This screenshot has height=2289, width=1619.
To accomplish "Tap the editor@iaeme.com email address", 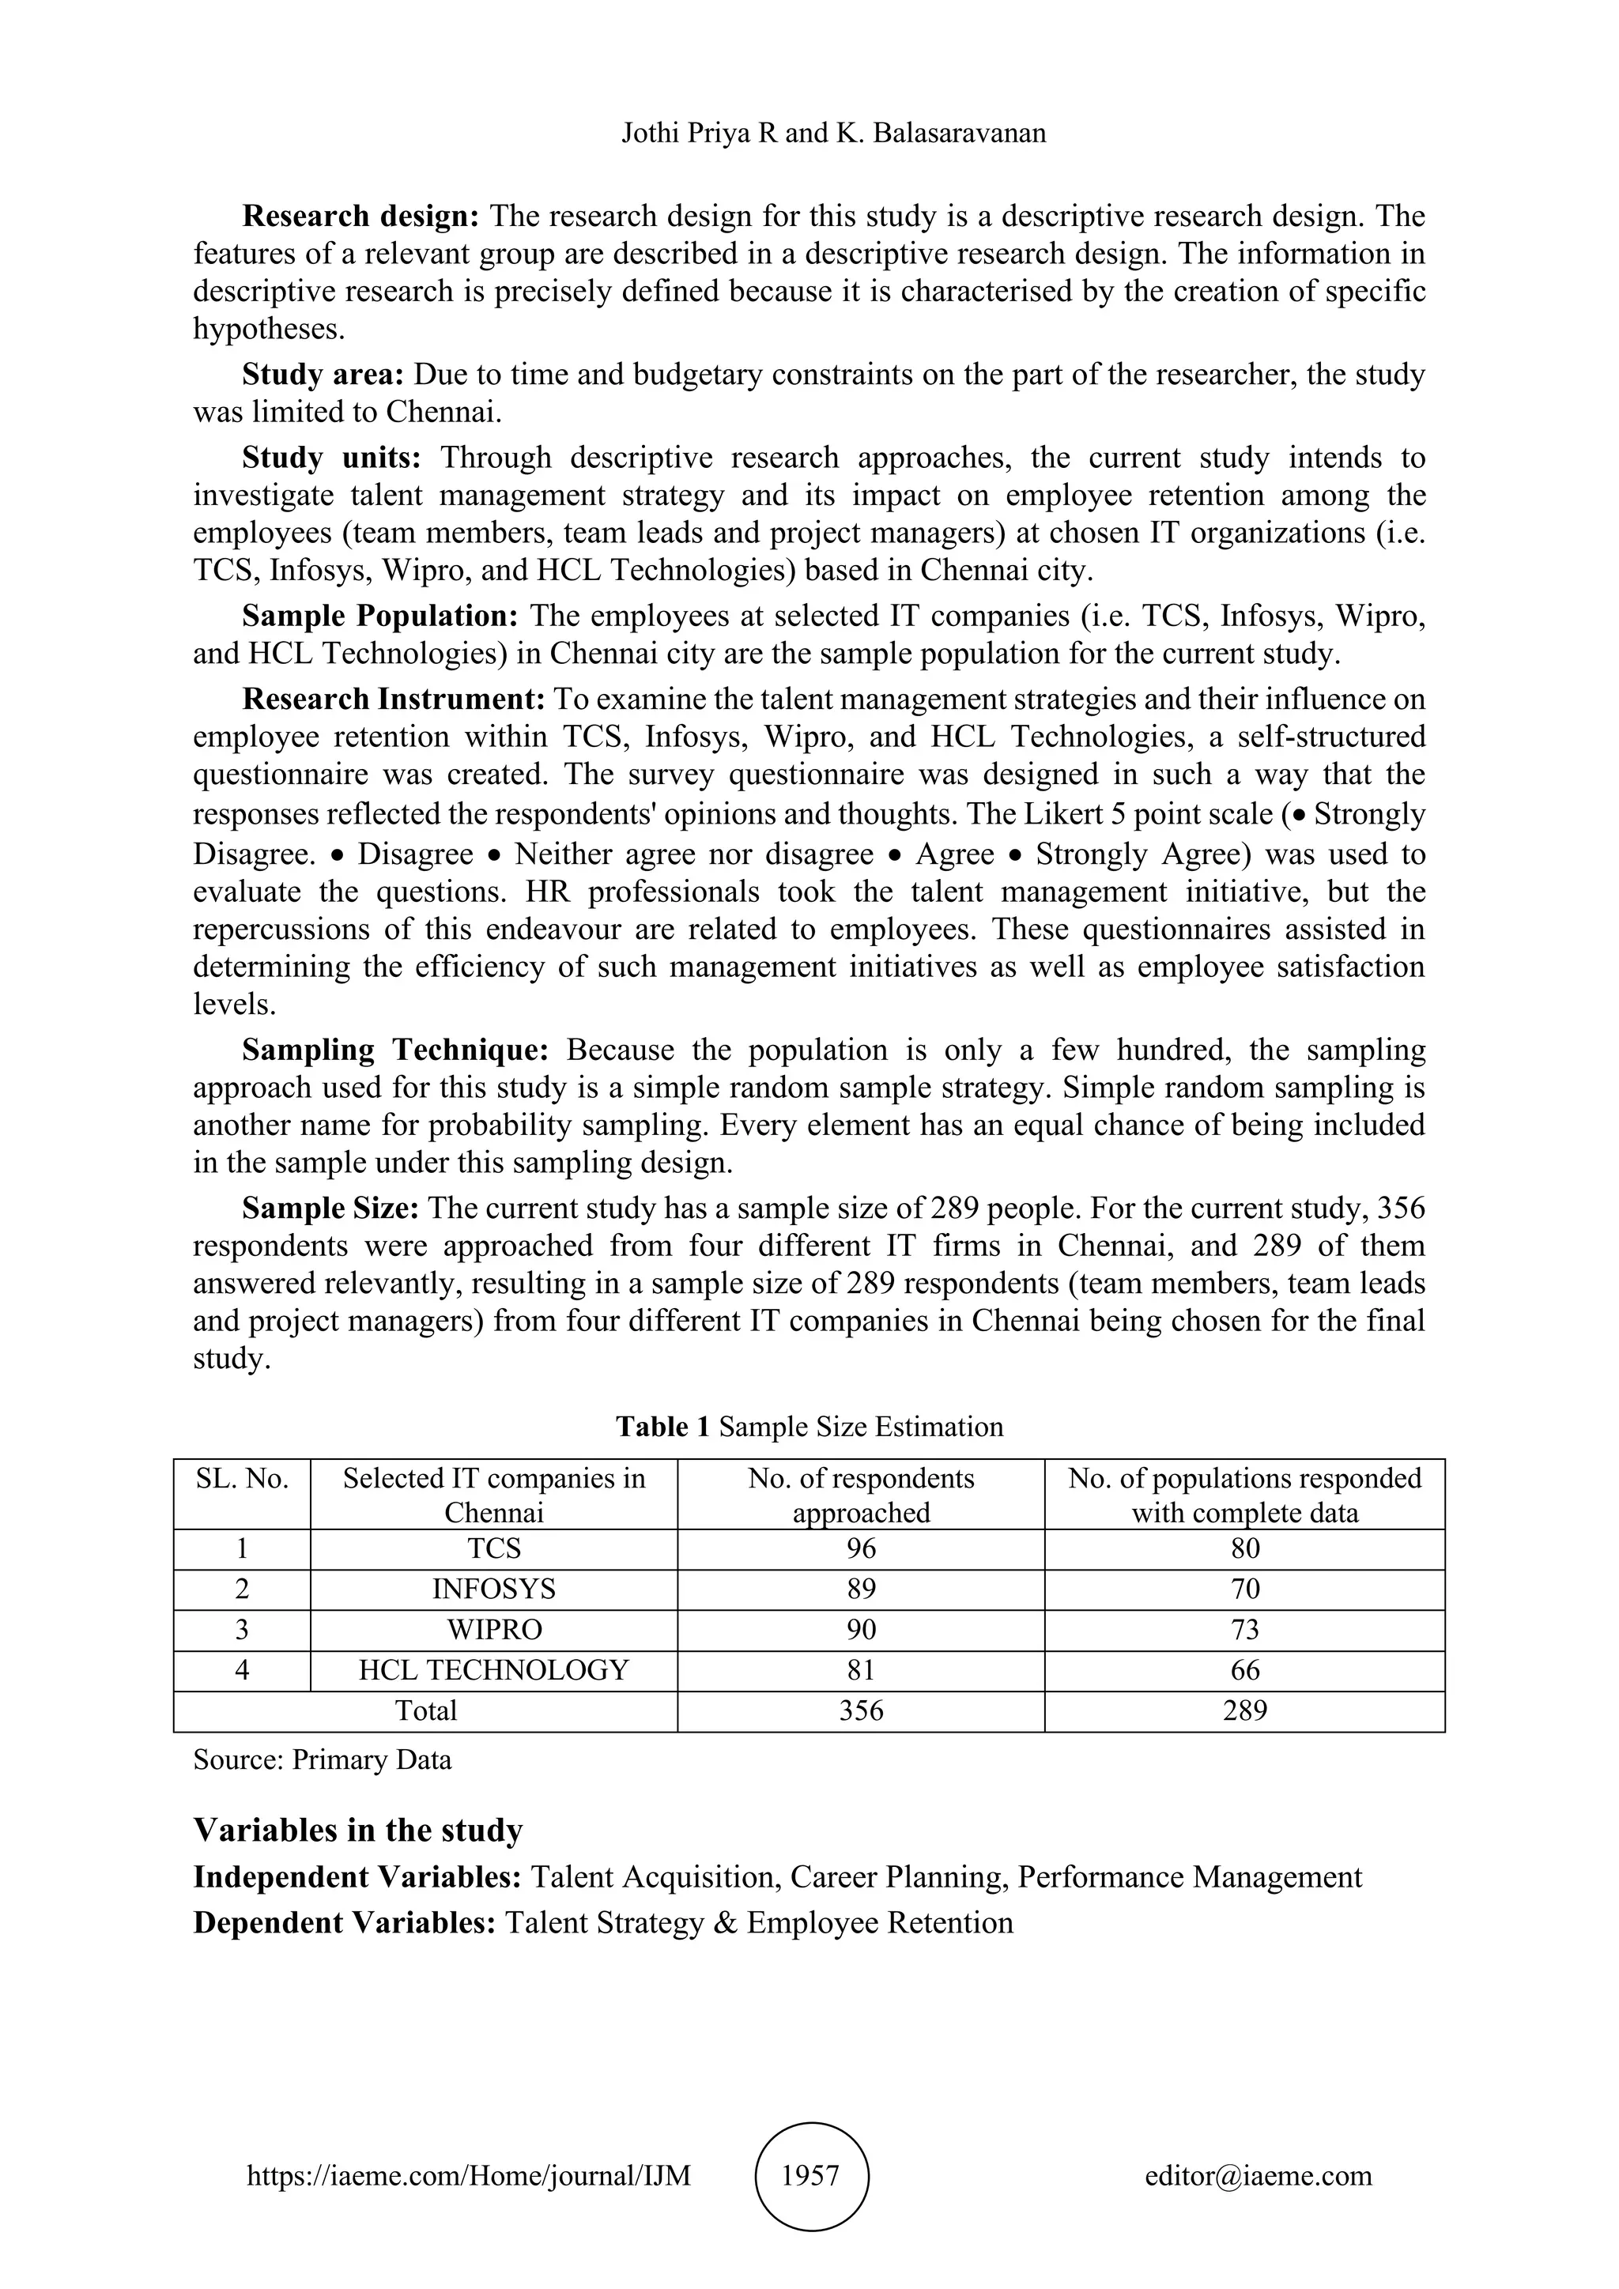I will pyautogui.click(x=1258, y=2175).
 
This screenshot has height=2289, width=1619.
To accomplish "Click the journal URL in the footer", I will pyautogui.click(x=469, y=2175).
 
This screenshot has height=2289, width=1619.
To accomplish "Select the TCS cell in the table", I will pyautogui.click(x=493, y=1548).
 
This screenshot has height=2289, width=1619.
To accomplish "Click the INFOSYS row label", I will pyautogui.click(x=493, y=1589).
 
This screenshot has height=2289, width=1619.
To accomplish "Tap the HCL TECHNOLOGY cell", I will pyautogui.click(x=493, y=1670).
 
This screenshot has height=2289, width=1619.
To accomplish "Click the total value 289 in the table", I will pyautogui.click(x=1244, y=1710).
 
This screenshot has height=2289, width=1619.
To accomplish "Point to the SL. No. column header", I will pyautogui.click(x=242, y=1479).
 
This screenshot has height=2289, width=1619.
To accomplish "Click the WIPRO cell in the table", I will pyautogui.click(x=493, y=1630).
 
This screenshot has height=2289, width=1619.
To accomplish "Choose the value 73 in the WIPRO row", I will pyautogui.click(x=1244, y=1630).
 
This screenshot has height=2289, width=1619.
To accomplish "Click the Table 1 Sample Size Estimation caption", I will pyautogui.click(x=809, y=1427).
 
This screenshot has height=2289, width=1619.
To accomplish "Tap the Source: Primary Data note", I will pyautogui.click(x=322, y=1759).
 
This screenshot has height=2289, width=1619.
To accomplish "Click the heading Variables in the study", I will pyautogui.click(x=358, y=1831).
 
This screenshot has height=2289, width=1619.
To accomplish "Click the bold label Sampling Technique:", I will pyautogui.click(x=396, y=1050).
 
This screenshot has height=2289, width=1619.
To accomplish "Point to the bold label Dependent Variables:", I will pyautogui.click(x=344, y=1922).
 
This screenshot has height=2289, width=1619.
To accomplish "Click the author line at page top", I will pyautogui.click(x=833, y=133).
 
